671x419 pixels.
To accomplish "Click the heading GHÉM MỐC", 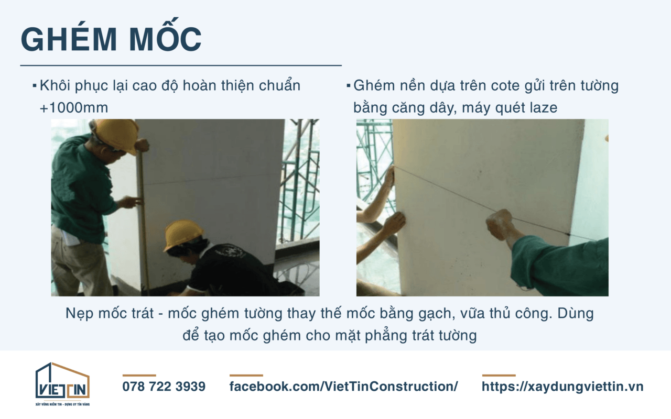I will click(111, 39).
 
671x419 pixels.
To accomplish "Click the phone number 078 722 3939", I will click(164, 387).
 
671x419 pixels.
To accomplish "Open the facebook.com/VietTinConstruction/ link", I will click(343, 387).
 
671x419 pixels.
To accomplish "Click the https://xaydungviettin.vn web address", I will click(562, 387).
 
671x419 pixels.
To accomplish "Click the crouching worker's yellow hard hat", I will click(183, 234).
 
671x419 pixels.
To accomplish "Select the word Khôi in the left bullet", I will click(53, 85).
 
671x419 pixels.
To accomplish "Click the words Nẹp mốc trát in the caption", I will click(109, 314).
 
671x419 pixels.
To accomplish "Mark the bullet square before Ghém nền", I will click(349, 85).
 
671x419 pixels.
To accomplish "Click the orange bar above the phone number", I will click(139, 375).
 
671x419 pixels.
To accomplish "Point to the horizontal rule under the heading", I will click(181, 66).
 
